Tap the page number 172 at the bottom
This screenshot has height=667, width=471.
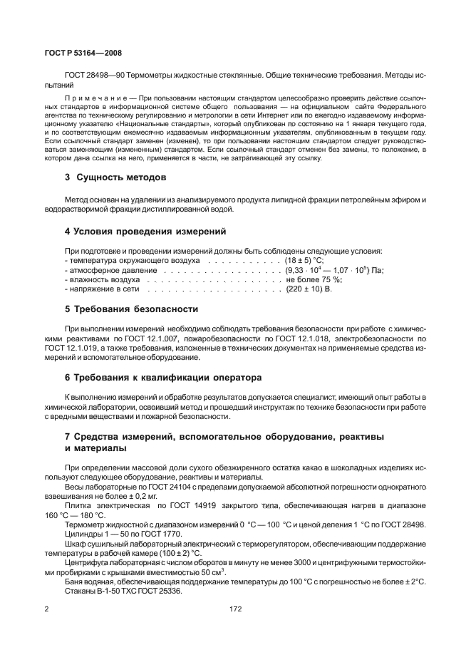235,609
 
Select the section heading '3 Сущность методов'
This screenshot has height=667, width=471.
115,176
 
